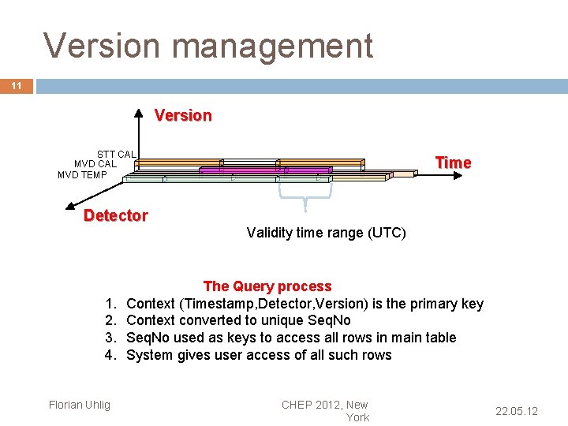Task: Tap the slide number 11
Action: click(x=17, y=86)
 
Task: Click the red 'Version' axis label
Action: click(x=183, y=115)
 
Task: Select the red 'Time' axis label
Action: click(x=453, y=163)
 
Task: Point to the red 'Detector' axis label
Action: click(x=115, y=215)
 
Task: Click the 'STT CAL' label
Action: click(x=116, y=154)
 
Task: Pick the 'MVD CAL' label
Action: click(x=95, y=164)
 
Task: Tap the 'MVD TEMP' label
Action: click(x=82, y=174)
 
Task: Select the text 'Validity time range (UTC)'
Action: click(x=326, y=233)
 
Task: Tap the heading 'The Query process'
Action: click(x=267, y=286)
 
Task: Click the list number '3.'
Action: click(x=111, y=338)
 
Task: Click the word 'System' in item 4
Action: click(x=149, y=355)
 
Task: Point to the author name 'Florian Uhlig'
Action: click(x=80, y=405)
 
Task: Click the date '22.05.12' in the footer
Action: click(x=516, y=411)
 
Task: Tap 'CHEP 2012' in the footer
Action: click(x=312, y=405)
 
